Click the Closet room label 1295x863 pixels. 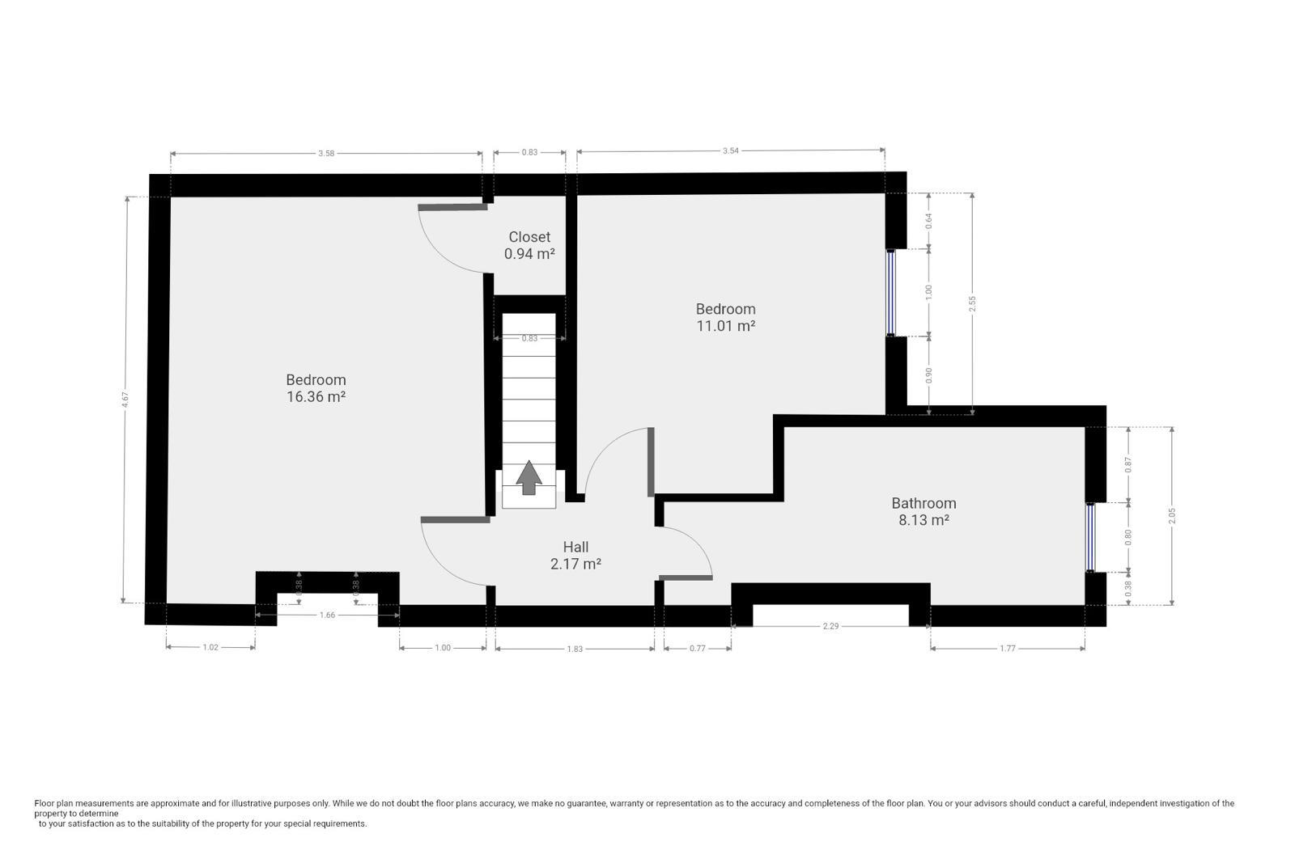[529, 237]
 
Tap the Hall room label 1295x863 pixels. [575, 547]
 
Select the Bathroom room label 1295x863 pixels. [923, 503]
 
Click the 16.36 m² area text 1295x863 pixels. [316, 397]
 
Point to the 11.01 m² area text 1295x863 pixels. [725, 326]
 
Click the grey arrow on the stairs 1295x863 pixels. [529, 477]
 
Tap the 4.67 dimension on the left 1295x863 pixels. [125, 400]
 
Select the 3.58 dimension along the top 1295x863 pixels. [326, 154]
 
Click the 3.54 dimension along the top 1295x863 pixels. [731, 150]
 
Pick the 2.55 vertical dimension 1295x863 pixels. [972, 304]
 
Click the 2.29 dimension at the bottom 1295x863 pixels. [830, 625]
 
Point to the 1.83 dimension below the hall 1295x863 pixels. [575, 649]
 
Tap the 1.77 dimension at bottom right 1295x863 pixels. [1008, 648]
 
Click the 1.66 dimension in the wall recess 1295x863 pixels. [327, 615]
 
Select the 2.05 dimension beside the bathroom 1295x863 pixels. [1172, 516]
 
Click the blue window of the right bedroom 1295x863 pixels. [891, 292]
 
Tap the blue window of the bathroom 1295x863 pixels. [1090, 537]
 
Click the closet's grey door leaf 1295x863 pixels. [452, 207]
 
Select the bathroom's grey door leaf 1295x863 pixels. [686, 577]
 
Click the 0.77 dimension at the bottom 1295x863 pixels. [698, 648]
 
